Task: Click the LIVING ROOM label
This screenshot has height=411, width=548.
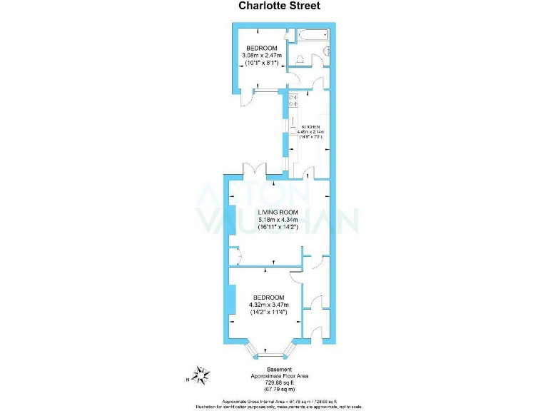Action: [x=278, y=212]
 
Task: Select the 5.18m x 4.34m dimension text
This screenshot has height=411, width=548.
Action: [x=278, y=219]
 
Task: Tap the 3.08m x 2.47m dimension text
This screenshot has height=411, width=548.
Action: [x=262, y=55]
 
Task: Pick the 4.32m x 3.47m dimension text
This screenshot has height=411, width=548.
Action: [x=268, y=305]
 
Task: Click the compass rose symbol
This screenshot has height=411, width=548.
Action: [x=203, y=374]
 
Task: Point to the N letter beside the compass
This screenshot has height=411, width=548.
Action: [x=187, y=379]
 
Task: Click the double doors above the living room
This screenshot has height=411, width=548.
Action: [x=255, y=170]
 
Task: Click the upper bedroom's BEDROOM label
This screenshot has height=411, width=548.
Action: [x=262, y=48]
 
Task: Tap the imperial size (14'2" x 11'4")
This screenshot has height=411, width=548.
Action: [x=268, y=312]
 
